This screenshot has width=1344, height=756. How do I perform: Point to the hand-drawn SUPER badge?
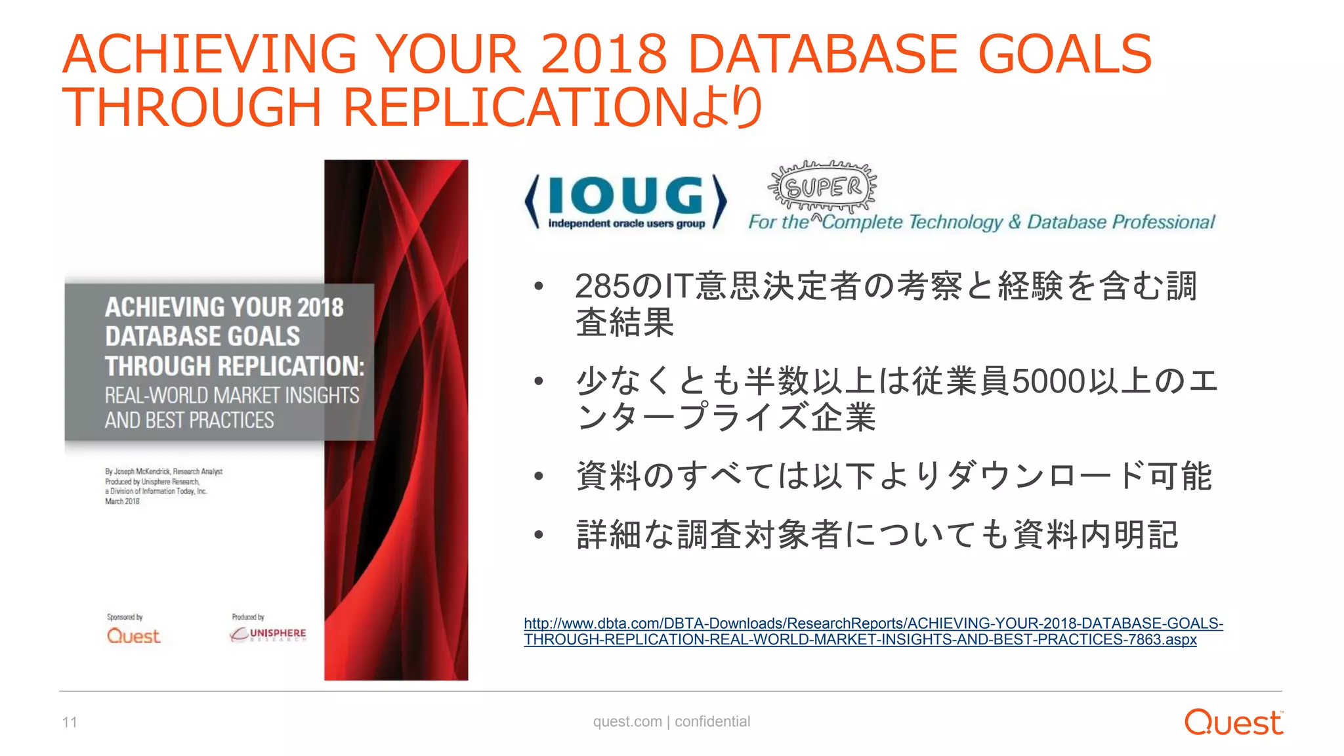point(823,187)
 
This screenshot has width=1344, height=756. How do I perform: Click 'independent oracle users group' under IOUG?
point(626,224)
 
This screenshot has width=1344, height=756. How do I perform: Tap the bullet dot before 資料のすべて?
point(539,477)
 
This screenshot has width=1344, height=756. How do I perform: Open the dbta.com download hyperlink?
point(873,631)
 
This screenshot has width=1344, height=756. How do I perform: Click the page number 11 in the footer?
point(70,723)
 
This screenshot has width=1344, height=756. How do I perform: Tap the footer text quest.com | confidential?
point(671,722)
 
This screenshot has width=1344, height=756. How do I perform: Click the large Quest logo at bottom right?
point(1233,723)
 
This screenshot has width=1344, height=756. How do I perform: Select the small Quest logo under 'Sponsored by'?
point(133,636)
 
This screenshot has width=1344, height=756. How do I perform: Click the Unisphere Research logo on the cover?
point(268,634)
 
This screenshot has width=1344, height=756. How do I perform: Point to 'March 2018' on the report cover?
point(122,501)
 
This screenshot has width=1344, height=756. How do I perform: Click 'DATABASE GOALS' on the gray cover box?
point(202,337)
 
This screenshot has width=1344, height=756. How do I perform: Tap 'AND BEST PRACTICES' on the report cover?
point(189,421)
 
